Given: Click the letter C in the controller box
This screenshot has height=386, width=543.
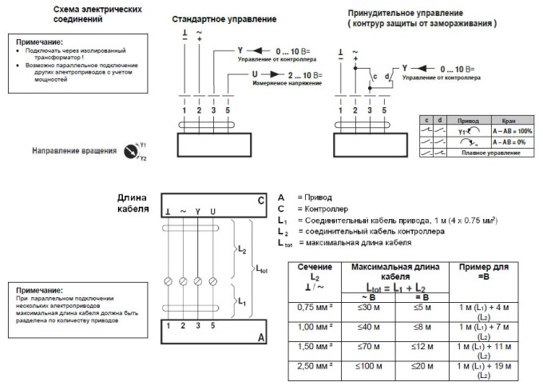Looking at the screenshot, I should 260,201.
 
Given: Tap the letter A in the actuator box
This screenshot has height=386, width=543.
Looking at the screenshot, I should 260,338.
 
